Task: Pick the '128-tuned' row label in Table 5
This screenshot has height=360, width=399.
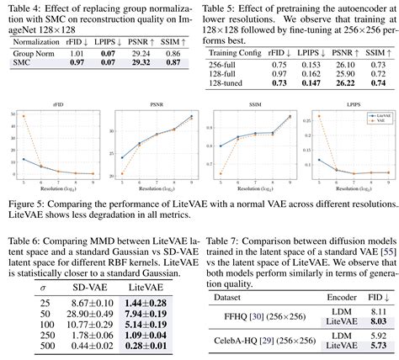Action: coord(227,84)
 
